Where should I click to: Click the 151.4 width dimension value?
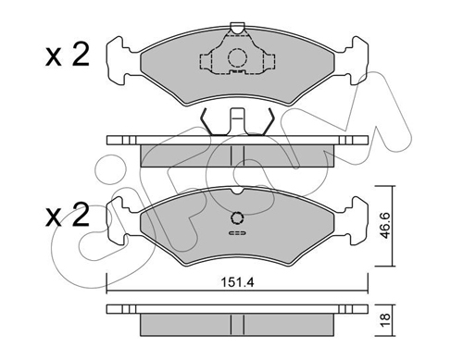(237, 282)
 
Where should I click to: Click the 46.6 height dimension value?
(385, 226)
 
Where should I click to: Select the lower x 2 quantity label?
(68, 216)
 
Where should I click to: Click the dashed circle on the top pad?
(237, 57)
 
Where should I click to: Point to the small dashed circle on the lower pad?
(237, 217)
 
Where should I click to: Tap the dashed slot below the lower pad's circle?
(237, 233)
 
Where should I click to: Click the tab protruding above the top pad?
(237, 28)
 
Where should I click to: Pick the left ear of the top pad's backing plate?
(119, 61)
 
